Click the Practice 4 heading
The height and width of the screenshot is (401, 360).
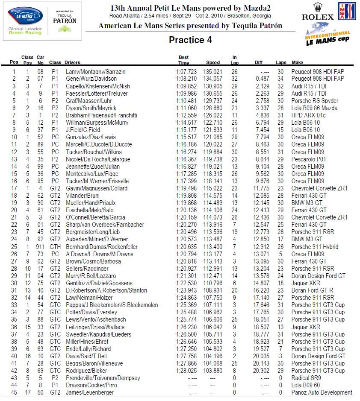(190, 40)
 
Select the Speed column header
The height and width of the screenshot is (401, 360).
(213, 62)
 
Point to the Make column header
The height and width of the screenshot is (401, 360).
(298, 62)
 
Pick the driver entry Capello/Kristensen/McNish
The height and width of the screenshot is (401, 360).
(98, 86)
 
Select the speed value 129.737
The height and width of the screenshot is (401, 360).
(213, 101)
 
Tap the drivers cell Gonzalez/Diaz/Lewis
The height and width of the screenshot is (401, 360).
(91, 138)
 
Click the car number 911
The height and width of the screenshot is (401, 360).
(40, 247)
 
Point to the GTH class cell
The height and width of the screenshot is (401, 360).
(55, 247)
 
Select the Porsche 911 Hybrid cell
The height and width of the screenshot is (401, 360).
(315, 247)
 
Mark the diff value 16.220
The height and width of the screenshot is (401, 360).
(262, 290)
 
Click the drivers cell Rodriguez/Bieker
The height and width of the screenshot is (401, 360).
(86, 371)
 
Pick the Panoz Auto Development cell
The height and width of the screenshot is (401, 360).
(322, 392)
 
